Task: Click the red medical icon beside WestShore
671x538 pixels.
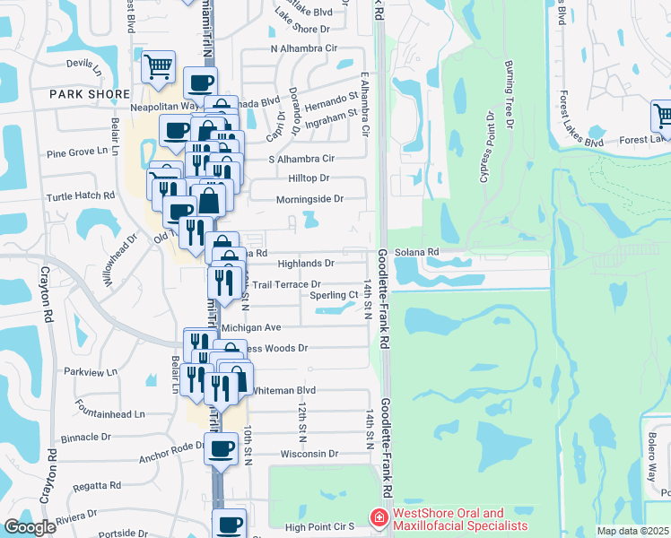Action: point(378,519)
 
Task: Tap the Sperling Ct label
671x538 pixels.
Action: point(334,295)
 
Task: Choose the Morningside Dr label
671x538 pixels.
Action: point(309,199)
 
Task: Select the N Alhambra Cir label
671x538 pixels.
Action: point(304,48)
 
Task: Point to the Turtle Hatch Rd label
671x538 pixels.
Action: point(83,195)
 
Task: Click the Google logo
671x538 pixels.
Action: point(30,527)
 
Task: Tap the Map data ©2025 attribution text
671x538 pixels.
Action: point(632,531)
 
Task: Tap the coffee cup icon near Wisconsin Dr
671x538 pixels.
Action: point(222,447)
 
